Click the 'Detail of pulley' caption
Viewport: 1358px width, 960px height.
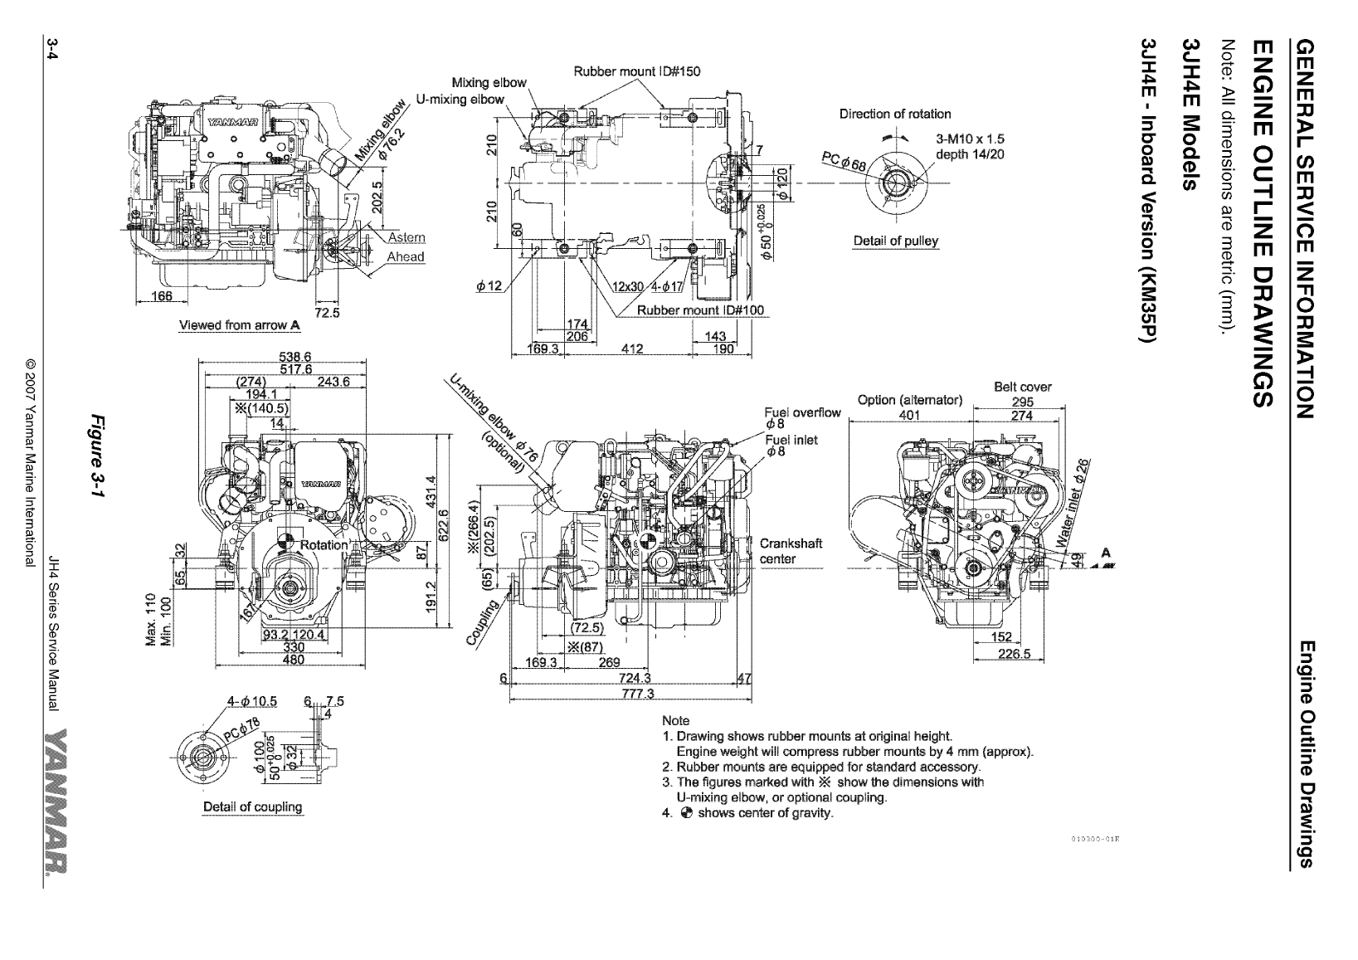point(895,241)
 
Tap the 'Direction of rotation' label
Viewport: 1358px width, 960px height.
point(894,114)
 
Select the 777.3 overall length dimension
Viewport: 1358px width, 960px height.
point(638,694)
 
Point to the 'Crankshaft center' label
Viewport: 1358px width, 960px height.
point(791,551)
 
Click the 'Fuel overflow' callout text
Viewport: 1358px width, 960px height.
point(802,412)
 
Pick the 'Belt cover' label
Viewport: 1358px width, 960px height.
point(1022,387)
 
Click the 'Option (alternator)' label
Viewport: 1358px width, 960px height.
point(909,401)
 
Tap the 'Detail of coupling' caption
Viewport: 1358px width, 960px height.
point(252,806)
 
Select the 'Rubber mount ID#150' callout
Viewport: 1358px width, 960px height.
point(636,71)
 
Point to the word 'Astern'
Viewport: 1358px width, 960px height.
point(406,238)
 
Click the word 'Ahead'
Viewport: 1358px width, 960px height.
point(406,256)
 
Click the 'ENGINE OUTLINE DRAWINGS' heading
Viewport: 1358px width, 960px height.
point(1261,223)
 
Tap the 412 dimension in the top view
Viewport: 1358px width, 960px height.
point(633,349)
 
